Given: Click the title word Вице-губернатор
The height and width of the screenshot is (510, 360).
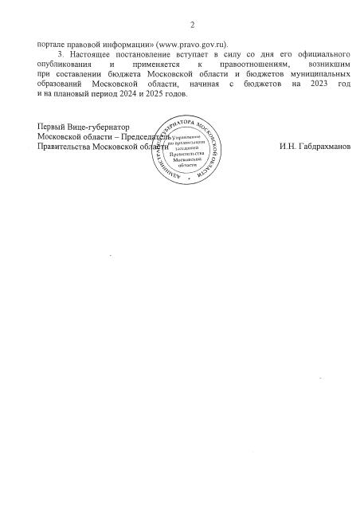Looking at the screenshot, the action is (96, 127).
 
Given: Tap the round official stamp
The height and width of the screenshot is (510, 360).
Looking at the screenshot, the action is (186, 155).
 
